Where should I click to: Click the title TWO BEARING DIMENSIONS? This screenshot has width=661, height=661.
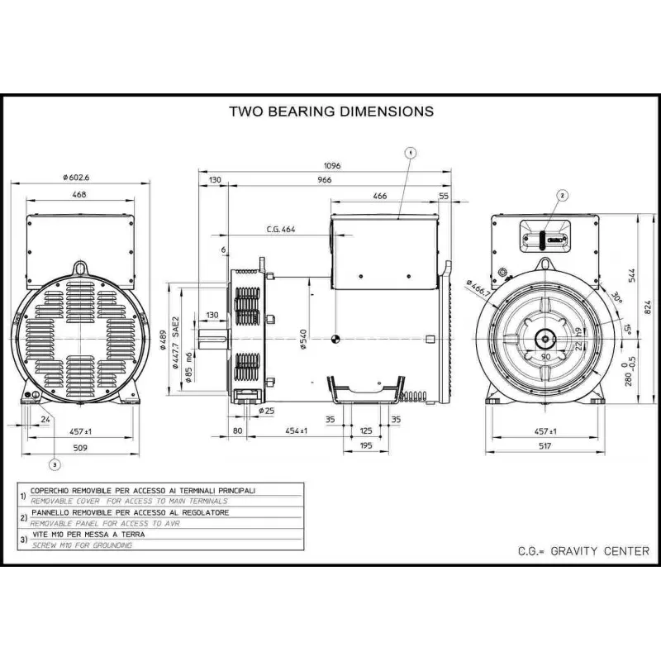[330, 111]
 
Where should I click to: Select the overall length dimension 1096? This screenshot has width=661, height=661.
[332, 166]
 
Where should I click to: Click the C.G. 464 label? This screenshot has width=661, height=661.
[281, 229]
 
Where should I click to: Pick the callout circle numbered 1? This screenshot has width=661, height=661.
[411, 152]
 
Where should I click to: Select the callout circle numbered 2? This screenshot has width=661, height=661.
[563, 196]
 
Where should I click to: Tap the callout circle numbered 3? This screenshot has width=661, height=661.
[55, 464]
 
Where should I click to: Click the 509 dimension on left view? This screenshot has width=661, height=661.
[79, 448]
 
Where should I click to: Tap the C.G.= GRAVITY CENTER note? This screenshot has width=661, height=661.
[583, 551]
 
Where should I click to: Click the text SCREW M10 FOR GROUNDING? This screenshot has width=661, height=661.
[82, 545]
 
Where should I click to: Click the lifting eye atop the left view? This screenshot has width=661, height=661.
[80, 268]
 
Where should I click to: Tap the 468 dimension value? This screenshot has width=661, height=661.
[79, 195]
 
